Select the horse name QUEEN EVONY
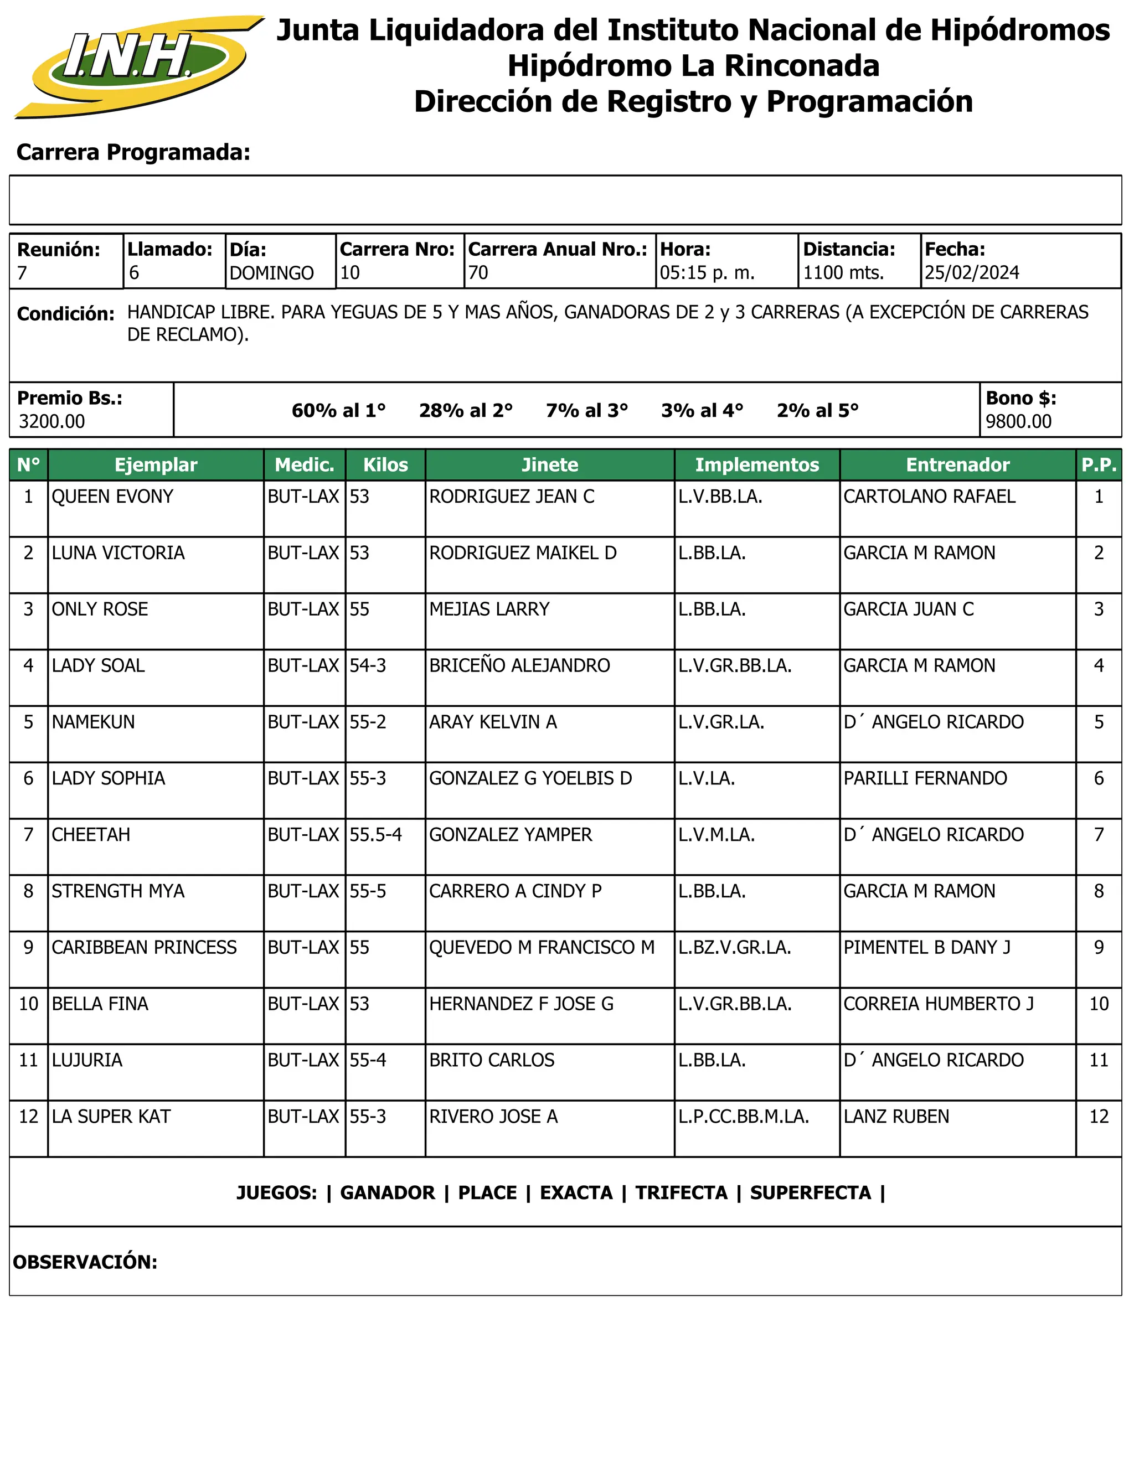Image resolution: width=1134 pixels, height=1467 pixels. coord(112,497)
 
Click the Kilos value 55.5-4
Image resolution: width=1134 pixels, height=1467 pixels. coord(375,835)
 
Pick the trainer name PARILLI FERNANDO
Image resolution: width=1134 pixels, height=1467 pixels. coord(925,778)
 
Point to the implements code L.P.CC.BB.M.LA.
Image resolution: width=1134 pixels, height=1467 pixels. coord(744,1117)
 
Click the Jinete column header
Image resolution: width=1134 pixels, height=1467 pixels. coord(549,465)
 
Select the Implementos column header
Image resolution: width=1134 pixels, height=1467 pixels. coord(757,465)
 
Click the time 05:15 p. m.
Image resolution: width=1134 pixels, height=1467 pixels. coord(708,273)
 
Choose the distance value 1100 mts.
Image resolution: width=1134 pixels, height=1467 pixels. coord(844,273)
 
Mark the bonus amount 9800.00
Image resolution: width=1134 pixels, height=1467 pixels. coord(1018,422)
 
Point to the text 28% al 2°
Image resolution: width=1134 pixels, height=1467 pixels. coord(466,410)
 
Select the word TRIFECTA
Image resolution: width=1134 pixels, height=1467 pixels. coord(681,1194)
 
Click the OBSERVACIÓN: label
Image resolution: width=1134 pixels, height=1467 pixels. coord(85,1262)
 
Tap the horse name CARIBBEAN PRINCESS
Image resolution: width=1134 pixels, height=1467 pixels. coord(144,948)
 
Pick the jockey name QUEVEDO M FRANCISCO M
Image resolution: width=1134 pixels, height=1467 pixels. coord(542,948)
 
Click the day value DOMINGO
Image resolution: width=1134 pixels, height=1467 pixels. coord(271,273)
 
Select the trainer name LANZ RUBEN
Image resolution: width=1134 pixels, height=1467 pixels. coord(896,1117)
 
